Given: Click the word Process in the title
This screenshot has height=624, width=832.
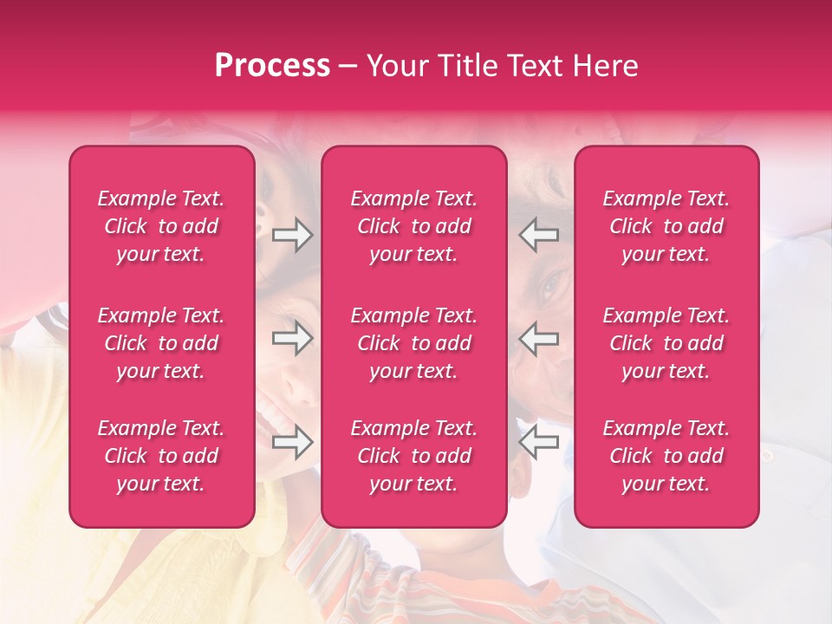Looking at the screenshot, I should pyautogui.click(x=272, y=66).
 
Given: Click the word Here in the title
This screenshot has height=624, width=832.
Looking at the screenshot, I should pyautogui.click(x=605, y=66).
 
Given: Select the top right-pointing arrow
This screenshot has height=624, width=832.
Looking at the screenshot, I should pyautogui.click(x=292, y=235).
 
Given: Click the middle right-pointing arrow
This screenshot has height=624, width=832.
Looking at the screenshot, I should pyautogui.click(x=292, y=338).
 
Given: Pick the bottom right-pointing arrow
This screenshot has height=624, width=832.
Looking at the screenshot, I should pyautogui.click(x=292, y=442).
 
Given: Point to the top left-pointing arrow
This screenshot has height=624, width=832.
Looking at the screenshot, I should pyautogui.click(x=539, y=235).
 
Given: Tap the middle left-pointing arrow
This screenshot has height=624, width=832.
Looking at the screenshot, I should pyautogui.click(x=539, y=338).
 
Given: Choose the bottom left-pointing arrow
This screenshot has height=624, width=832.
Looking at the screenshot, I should pyautogui.click(x=539, y=442).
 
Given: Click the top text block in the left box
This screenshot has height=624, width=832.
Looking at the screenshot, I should pyautogui.click(x=161, y=226).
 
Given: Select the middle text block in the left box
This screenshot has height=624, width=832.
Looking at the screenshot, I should pyautogui.click(x=161, y=343).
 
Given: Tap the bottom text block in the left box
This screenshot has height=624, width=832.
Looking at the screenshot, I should pyautogui.click(x=161, y=456).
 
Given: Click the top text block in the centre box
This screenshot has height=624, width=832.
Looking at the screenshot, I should pyautogui.click(x=414, y=226).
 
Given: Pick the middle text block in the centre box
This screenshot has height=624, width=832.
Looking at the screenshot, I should pyautogui.click(x=414, y=343).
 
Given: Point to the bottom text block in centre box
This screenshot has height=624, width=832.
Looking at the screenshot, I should pyautogui.click(x=414, y=456).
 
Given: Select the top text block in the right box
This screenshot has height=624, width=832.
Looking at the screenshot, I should pyautogui.click(x=666, y=226).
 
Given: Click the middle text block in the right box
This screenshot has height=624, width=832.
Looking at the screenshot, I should pyautogui.click(x=666, y=343).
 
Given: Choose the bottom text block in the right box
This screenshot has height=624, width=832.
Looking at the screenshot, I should pyautogui.click(x=666, y=456).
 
